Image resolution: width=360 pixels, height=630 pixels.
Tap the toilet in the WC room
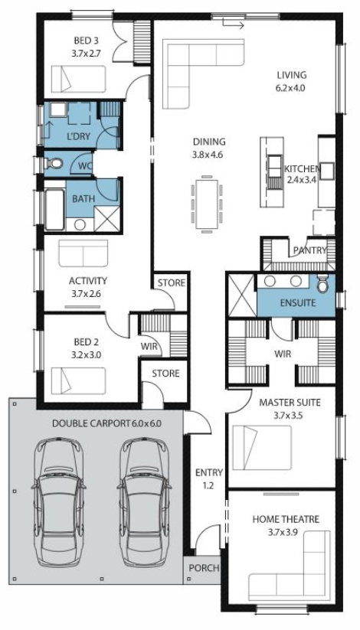(54, 164)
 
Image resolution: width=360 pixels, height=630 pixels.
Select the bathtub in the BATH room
(54, 210)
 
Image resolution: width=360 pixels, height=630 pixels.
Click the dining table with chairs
(207, 204)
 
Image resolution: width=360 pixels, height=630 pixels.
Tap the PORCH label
(205, 568)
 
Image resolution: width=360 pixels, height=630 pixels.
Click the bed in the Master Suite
(262, 447)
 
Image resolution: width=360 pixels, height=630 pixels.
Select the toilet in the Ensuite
(322, 284)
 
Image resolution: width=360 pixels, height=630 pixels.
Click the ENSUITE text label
(298, 303)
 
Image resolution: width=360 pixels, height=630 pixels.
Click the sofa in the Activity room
(83, 253)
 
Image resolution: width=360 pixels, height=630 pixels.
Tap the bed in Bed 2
(78, 380)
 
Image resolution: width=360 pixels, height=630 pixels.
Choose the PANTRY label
(309, 250)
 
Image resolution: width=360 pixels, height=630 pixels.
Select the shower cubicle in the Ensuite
(242, 295)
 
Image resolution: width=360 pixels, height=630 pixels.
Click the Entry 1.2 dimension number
(208, 486)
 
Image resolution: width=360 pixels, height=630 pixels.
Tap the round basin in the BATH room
(80, 224)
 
